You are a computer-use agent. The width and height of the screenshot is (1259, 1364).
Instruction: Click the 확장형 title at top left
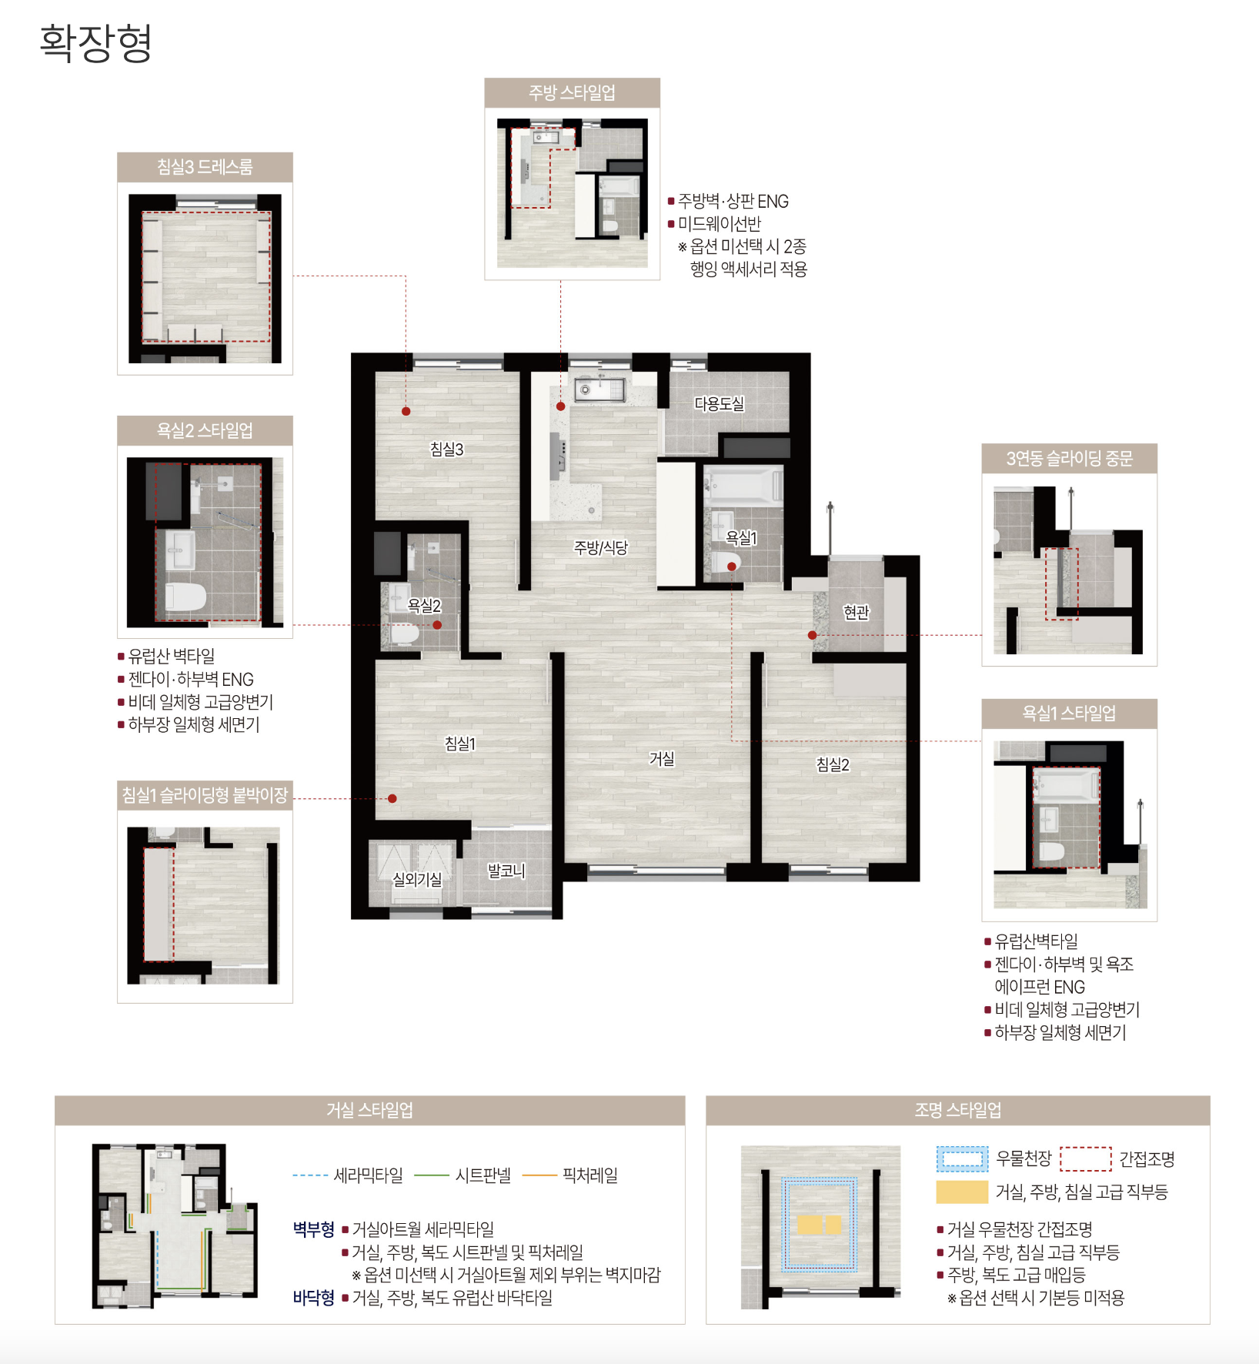point(95,43)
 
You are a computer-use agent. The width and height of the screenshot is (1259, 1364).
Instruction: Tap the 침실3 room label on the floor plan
point(446,449)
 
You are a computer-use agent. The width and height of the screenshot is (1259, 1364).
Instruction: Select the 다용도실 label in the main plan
point(720,403)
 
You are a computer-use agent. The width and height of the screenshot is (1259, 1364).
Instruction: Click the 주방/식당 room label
point(601,547)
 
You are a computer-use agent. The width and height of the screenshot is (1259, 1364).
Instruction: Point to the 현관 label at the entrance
point(856,612)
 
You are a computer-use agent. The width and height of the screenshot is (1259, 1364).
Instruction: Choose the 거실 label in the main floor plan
point(662,758)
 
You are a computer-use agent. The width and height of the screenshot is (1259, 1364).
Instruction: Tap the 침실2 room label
point(833,764)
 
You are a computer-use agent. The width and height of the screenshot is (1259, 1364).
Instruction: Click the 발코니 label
point(506,871)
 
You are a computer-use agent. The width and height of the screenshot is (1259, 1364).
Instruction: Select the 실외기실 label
point(417,879)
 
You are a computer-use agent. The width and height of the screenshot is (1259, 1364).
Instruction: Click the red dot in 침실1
point(392,798)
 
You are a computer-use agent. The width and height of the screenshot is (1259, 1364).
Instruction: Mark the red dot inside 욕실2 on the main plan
point(437,625)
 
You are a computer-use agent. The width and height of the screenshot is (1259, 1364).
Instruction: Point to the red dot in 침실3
point(406,411)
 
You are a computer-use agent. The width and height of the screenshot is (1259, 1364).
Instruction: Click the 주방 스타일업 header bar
point(572,92)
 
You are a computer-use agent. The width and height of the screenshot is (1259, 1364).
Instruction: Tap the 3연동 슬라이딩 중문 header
point(1069,459)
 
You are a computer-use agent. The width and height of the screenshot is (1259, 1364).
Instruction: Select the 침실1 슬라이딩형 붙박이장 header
point(205,795)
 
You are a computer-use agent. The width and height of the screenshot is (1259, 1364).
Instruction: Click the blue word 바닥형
point(313,1298)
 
